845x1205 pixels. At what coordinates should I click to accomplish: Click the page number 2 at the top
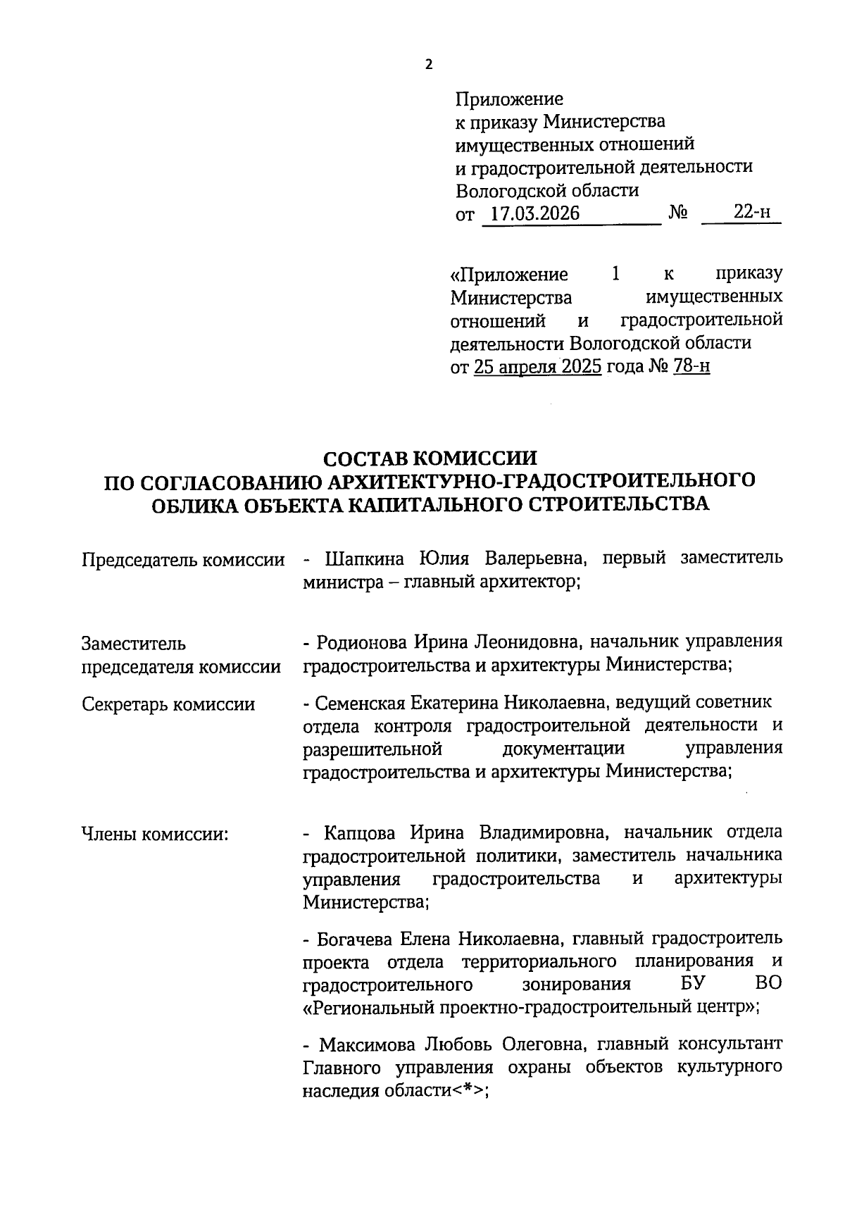(430, 65)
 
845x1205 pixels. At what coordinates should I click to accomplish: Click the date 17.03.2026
(535, 213)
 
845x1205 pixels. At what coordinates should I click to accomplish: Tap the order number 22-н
(751, 212)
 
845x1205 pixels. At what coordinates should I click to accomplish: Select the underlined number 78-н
(691, 366)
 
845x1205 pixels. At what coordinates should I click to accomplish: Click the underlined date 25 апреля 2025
(537, 366)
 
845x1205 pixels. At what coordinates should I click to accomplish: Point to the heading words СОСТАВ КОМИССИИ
(430, 458)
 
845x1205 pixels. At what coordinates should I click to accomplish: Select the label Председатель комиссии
(183, 561)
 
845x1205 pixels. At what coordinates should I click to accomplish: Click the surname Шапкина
(365, 559)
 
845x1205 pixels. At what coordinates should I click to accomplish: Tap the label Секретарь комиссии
(168, 704)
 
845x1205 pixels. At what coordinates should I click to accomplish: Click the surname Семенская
(360, 703)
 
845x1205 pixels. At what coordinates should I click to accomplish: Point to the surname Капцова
(361, 833)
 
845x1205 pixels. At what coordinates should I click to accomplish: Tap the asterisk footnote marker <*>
(468, 1090)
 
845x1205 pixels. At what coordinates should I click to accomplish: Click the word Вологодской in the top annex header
(510, 190)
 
